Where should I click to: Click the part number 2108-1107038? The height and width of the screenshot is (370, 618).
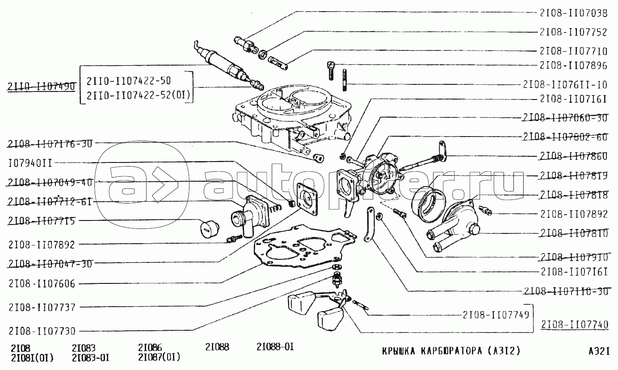click(573, 13)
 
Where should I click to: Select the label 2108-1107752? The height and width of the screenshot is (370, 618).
click(573, 32)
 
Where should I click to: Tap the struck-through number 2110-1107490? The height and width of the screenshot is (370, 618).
click(42, 87)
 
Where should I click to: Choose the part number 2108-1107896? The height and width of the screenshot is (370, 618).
click(573, 66)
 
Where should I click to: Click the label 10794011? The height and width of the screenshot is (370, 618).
click(29, 163)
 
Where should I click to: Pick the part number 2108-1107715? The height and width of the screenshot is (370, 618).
click(41, 221)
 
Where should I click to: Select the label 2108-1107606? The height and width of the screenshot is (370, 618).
click(41, 284)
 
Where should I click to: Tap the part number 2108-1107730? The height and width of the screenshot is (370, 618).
click(41, 331)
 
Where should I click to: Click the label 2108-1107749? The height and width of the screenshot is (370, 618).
click(494, 315)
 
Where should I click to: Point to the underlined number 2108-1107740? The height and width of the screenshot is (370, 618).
click(574, 325)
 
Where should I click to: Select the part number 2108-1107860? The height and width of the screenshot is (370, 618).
click(573, 156)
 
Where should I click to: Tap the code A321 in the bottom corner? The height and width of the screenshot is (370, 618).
click(599, 351)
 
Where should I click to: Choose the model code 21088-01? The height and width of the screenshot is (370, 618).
click(275, 347)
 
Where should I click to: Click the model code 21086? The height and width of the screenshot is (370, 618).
click(150, 347)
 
